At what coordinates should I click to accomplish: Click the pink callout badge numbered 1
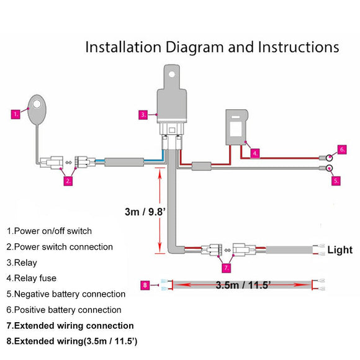click(16, 114)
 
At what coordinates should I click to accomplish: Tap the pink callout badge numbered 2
click(68, 181)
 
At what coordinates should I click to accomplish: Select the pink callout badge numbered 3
click(143, 114)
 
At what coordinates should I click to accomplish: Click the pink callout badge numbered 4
click(255, 152)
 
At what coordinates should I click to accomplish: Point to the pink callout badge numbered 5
click(336, 181)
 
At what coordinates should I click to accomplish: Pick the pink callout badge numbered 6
click(341, 150)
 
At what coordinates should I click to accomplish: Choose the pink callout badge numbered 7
click(226, 268)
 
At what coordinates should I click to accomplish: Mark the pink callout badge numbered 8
click(145, 286)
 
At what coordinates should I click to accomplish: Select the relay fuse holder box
click(236, 127)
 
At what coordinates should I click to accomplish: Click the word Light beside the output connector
click(340, 250)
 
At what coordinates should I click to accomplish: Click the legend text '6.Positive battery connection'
click(64, 310)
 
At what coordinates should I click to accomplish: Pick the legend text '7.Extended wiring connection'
click(70, 325)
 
